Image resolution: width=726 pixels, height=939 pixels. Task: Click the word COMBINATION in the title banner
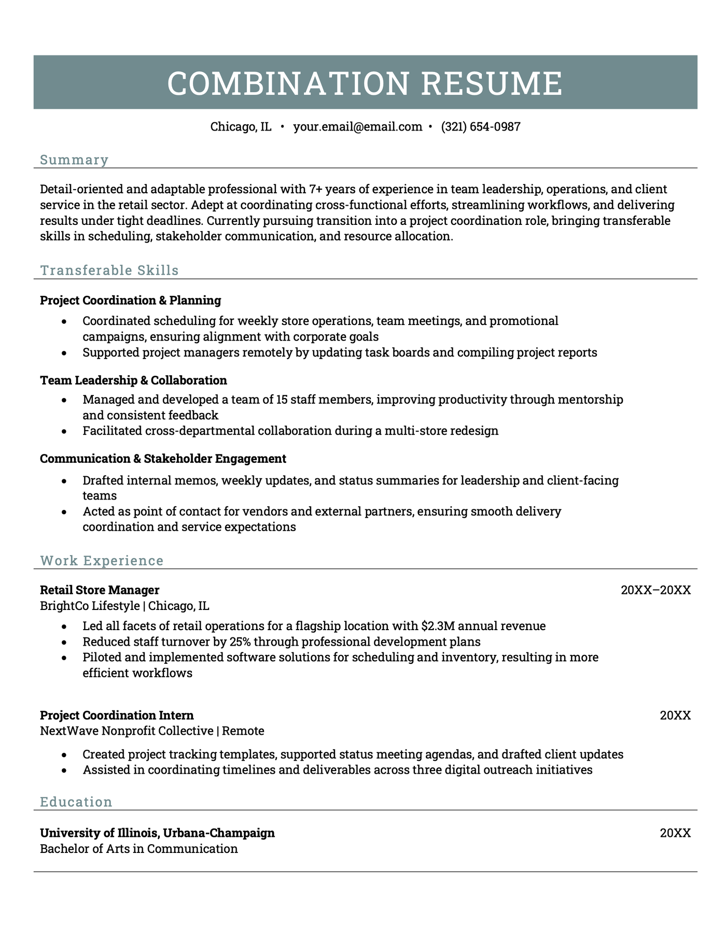288,83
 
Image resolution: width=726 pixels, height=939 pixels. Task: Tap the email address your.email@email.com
357,127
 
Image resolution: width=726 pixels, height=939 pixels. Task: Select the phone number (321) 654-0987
481,127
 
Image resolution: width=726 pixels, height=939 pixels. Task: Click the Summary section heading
74,160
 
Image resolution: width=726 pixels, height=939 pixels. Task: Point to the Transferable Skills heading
109,271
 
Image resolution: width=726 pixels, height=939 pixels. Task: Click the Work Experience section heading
102,561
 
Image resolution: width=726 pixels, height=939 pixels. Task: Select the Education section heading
76,802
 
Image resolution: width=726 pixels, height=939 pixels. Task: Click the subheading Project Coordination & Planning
130,301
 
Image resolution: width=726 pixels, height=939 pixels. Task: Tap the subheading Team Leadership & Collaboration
133,380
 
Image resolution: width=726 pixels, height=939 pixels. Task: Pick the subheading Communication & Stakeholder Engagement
163,459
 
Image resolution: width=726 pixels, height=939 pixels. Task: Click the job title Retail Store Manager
100,590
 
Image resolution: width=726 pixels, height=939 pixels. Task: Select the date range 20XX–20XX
655,590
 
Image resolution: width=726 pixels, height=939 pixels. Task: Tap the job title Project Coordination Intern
117,716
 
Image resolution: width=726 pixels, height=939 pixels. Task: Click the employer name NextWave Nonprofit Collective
127,731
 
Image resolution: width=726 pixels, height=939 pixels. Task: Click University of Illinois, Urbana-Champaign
157,833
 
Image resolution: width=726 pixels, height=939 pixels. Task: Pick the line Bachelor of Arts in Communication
138,849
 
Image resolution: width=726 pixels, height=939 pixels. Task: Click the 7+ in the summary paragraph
316,189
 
